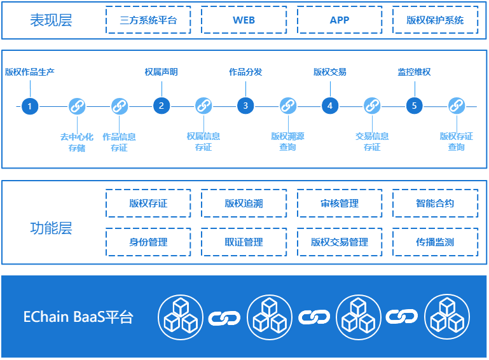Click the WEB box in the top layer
[x=244, y=20]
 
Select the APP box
[x=340, y=20]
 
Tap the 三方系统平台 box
[x=148, y=20]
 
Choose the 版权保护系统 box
[x=436, y=20]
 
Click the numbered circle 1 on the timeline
[x=29, y=106]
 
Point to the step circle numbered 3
[x=245, y=106]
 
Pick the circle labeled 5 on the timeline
[x=414, y=106]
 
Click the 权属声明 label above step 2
[x=161, y=72]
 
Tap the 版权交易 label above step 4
[x=329, y=72]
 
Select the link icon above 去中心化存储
[x=77, y=106]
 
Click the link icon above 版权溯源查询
[x=287, y=106]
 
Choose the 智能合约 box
[x=436, y=204]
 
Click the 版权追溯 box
[x=244, y=204]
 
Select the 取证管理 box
[x=244, y=242]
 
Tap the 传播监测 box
[x=436, y=242]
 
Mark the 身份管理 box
[x=148, y=242]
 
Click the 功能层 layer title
[x=51, y=228]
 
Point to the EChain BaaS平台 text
[x=78, y=317]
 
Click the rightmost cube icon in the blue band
[x=447, y=317]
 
